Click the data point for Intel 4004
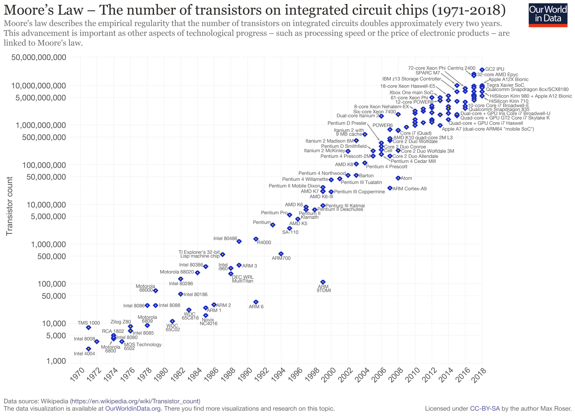[88, 349]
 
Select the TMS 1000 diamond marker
[88, 328]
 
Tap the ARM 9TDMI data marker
[323, 282]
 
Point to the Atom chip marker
[398, 178]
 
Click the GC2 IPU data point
[482, 70]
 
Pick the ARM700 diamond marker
[281, 254]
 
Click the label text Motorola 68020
[177, 272]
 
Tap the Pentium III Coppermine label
[359, 192]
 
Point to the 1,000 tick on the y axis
[57, 361]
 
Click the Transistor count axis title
[10, 206]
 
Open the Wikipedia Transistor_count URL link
[135, 401]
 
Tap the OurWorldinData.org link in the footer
[133, 409]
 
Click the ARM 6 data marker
[256, 302]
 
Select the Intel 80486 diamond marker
[239, 241]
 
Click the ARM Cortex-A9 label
[409, 189]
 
